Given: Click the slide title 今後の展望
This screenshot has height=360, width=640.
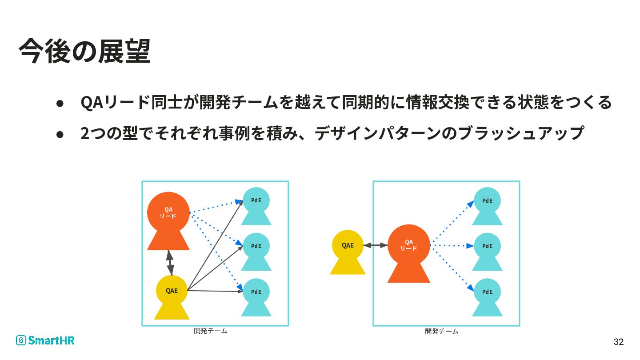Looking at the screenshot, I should [84, 52].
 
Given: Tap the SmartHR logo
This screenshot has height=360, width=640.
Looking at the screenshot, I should [45, 340].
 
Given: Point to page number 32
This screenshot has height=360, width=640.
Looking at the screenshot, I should [618, 342].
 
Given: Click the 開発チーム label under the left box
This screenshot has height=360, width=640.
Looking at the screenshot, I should [211, 331].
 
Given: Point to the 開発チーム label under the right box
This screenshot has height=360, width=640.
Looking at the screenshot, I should [442, 331].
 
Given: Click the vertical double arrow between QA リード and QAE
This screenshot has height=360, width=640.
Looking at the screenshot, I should [169, 263].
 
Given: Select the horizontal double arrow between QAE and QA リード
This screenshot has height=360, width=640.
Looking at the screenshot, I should [376, 245].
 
